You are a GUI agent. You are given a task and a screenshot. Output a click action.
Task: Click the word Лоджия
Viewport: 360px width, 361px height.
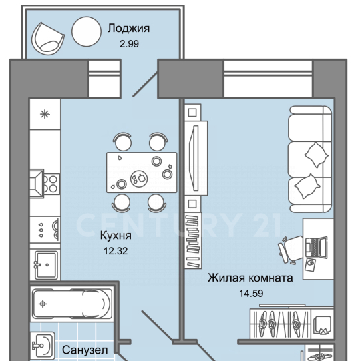tap(129, 29)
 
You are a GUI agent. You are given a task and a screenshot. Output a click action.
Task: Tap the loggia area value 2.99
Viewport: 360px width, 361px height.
tap(129, 44)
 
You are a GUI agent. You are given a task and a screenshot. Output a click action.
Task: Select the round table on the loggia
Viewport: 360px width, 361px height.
tap(87, 31)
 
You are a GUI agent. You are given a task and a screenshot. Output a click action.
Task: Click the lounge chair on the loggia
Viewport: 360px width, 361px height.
tap(48, 39)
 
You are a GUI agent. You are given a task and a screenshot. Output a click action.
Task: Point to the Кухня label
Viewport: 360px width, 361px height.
tap(116, 236)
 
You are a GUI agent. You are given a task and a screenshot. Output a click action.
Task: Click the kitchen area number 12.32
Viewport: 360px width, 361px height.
tap(116, 251)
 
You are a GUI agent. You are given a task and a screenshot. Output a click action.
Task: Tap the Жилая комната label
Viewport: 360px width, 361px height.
tap(250, 278)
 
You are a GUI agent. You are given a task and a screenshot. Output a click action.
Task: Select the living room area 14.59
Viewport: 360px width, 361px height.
tap(251, 294)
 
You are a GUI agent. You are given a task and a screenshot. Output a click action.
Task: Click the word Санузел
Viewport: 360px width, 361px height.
tap(85, 350)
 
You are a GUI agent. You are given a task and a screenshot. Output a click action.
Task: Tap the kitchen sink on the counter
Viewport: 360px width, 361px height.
tap(45, 265)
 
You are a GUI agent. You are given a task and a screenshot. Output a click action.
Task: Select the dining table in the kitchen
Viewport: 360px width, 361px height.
tap(142, 173)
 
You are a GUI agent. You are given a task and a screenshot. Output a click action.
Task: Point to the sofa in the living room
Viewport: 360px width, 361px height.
tap(310, 159)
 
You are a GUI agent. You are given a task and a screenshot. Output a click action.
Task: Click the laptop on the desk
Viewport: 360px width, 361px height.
tap(317, 247)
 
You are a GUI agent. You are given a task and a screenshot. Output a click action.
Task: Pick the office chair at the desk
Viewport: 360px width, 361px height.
tap(290, 250)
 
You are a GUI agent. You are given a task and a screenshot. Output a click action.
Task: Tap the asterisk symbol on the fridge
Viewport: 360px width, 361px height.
tap(45, 114)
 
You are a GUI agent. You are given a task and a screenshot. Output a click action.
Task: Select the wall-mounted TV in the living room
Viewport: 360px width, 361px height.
tap(195, 158)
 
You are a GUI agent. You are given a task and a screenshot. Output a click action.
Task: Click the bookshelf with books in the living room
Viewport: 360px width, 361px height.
tap(193, 241)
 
